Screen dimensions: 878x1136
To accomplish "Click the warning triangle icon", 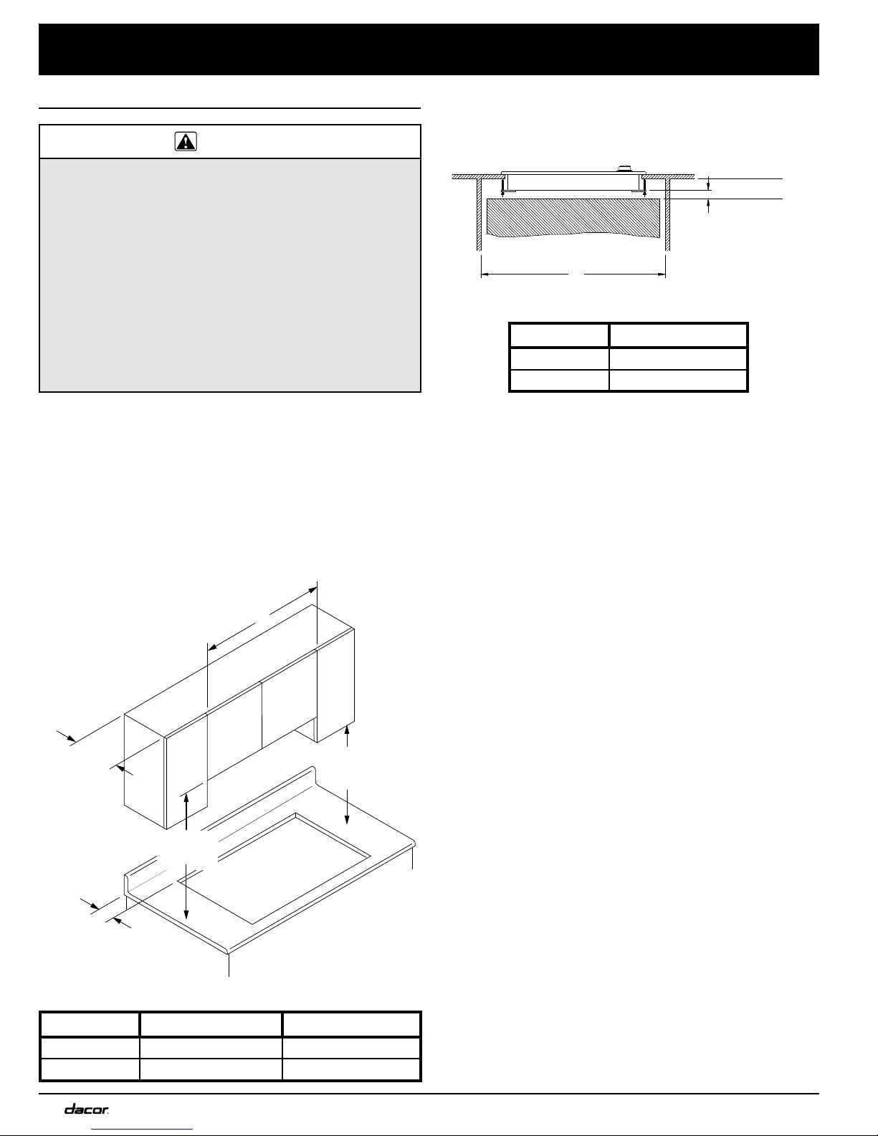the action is coord(186,142).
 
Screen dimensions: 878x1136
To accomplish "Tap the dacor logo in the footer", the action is coord(87,1109).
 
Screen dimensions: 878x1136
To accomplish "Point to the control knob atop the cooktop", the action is coord(624,168).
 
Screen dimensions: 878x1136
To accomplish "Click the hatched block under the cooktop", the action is coord(573,217).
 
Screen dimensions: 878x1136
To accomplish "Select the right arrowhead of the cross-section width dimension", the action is coord(662,274).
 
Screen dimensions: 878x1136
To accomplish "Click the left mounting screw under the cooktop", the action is coord(502,188).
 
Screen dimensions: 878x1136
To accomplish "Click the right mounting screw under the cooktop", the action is coord(645,188).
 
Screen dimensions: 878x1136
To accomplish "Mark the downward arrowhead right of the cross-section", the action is coord(708,186).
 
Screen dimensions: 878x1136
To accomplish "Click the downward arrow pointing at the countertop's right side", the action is coord(347,806).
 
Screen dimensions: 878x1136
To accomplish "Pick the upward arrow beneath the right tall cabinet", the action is coord(347,735).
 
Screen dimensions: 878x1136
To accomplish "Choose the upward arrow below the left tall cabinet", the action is coord(186,811).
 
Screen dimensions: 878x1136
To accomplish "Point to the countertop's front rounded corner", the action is coord(229,950).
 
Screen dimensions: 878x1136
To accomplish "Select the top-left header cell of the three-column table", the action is coord(90,1024).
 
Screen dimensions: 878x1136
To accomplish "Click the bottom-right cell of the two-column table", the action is coord(678,380).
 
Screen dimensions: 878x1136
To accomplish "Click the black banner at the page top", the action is coord(429,49).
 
